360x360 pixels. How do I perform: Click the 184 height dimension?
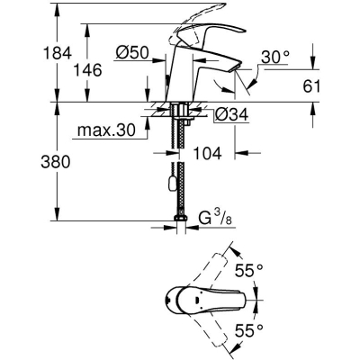pyautogui.click(x=58, y=53)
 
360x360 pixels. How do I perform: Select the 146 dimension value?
pyautogui.click(x=87, y=70)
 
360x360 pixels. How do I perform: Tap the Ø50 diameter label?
pyautogui.click(x=132, y=53)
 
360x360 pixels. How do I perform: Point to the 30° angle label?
pyautogui.click(x=275, y=58)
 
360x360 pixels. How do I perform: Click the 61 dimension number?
pyautogui.click(x=311, y=86)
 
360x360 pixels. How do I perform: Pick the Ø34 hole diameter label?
pyautogui.click(x=232, y=114)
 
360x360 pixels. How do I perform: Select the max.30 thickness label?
pyautogui.click(x=106, y=130)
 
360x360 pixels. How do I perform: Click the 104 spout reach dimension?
pyautogui.click(x=207, y=153)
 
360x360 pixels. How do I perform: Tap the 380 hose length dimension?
pyautogui.click(x=55, y=162)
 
